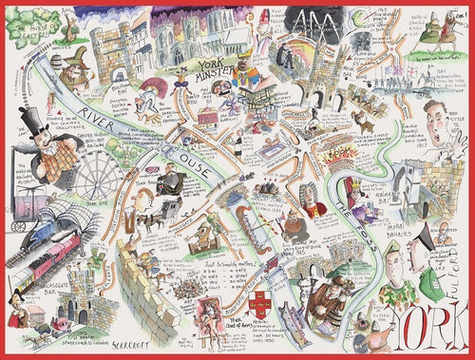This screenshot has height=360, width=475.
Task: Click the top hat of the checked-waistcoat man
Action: [x=38, y=121]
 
